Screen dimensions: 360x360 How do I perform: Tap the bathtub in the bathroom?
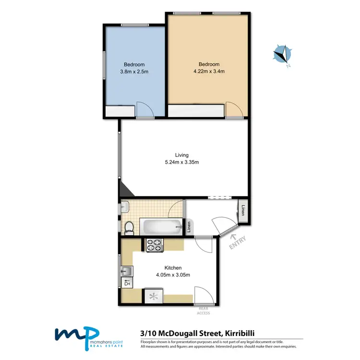(x=161, y=226)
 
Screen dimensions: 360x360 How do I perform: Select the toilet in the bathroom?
(x=128, y=227)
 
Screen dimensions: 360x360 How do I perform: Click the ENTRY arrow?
(x=234, y=236)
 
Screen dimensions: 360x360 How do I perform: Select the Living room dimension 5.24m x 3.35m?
(x=181, y=162)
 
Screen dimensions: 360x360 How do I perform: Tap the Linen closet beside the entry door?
(x=243, y=211)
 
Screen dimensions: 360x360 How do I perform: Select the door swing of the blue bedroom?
(x=144, y=110)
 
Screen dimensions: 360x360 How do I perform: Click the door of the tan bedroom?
(x=234, y=110)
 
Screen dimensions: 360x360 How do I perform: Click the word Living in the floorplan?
(x=181, y=155)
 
